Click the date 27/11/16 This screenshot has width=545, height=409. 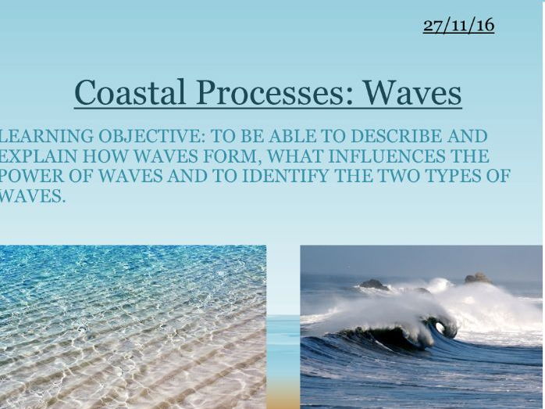pyautogui.click(x=459, y=25)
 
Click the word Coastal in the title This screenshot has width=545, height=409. pyautogui.click(x=130, y=92)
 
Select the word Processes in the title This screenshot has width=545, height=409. pyautogui.click(x=276, y=92)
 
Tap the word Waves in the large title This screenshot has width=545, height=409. pyautogui.click(x=413, y=92)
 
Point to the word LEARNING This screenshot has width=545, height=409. pyautogui.click(x=46, y=136)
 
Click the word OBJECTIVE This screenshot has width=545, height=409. pyautogui.click(x=151, y=136)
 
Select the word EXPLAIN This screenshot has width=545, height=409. pyautogui.click(x=38, y=156)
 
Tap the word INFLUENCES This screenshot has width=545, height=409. pyautogui.click(x=386, y=156)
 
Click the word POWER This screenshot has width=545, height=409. pyautogui.click(x=32, y=176)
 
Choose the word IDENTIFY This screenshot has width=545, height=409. pyautogui.click(x=285, y=176)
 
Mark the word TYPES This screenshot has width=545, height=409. pyautogui.click(x=454, y=176)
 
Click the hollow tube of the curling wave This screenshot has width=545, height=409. pyautogui.click(x=440, y=328)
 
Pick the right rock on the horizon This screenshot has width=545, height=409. pyautogui.click(x=478, y=278)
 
